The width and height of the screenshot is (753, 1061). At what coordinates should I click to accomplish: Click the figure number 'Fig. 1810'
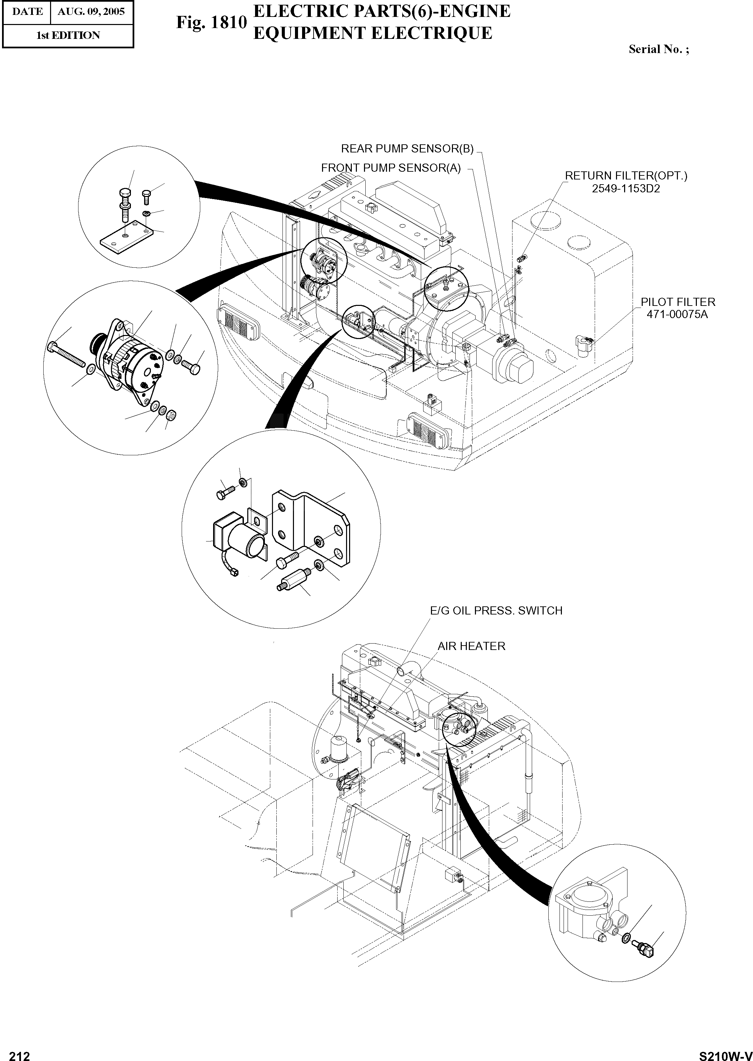pos(211,22)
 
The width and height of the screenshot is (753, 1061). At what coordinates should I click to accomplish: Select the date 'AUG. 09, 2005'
pos(91,11)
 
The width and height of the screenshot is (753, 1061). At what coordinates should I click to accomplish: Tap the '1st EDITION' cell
pos(68,35)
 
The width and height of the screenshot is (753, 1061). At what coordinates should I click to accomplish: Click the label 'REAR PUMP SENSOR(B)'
pos(407,149)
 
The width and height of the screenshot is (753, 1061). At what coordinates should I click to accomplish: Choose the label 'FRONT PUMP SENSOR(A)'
pos(391,168)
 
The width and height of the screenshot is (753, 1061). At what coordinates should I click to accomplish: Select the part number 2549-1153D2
pos(625,189)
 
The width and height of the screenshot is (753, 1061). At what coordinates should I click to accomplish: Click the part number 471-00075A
pos(678,315)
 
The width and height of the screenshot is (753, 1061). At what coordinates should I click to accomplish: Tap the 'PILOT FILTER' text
pos(678,302)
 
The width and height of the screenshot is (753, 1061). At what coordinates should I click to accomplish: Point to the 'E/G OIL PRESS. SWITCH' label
pos(496,611)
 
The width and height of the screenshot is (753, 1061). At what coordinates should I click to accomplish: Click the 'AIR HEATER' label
pos(471,646)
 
